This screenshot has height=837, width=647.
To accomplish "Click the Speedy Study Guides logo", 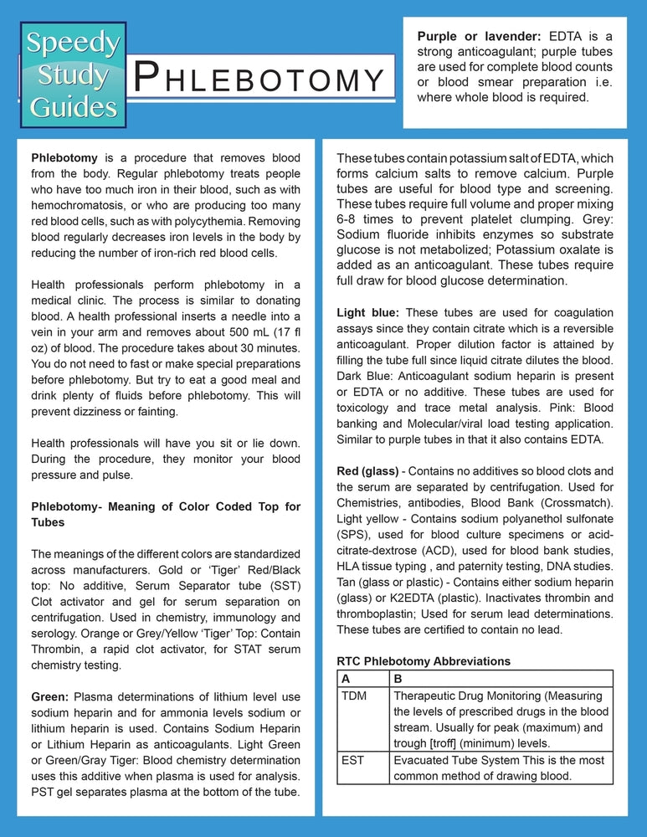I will tap(73, 73).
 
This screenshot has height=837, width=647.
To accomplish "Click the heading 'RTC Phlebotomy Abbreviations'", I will tap(423, 661).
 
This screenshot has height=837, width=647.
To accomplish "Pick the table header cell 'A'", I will tap(347, 678).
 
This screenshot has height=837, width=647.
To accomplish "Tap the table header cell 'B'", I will tap(398, 678).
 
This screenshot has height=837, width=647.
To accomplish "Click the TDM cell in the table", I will tap(355, 696).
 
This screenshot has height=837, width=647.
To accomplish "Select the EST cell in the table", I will tap(352, 760).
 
